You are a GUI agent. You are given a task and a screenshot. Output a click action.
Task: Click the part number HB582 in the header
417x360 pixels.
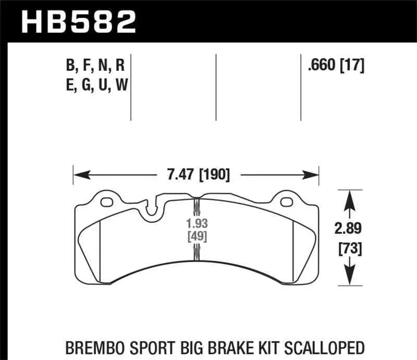[78, 21]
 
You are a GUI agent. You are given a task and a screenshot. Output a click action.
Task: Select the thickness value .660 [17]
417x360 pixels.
[336, 66]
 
